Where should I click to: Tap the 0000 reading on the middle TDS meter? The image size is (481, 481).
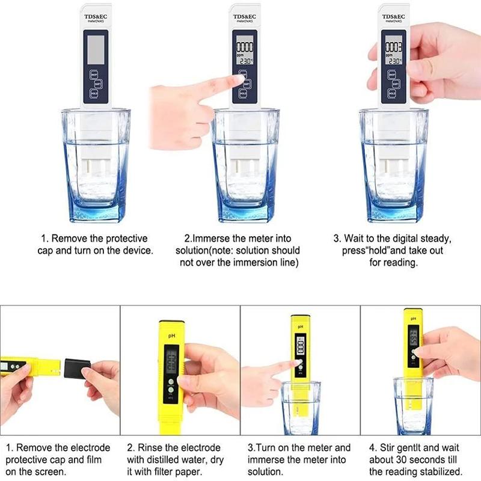tap(245, 47)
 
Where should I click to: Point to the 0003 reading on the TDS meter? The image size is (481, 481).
tap(394, 47)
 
